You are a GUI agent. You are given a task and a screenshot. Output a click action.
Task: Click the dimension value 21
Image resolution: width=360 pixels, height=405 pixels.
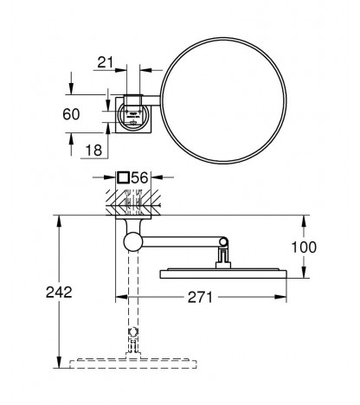pos(106,62)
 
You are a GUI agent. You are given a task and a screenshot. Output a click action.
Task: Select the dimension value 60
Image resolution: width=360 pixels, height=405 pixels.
pos(71,114)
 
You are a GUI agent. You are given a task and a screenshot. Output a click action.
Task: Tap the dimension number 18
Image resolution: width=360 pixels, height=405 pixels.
pos(94,150)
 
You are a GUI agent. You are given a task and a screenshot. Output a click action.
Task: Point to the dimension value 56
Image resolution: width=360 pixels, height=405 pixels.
pos(139,177)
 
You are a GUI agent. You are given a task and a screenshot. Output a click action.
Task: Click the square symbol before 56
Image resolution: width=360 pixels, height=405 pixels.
pos(123,177)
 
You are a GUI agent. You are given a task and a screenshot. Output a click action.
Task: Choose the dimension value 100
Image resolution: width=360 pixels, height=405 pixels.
pos(304,247)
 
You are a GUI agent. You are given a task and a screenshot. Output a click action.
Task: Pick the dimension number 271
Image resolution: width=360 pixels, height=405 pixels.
pos(200,297)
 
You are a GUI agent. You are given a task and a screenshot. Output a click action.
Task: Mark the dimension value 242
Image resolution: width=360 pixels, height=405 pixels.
pos(59,292)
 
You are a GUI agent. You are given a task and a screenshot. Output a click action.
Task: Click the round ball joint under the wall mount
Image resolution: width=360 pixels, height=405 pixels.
pos(133,241)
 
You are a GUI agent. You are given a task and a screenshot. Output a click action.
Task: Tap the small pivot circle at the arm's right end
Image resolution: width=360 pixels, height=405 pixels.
pos(223,241)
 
